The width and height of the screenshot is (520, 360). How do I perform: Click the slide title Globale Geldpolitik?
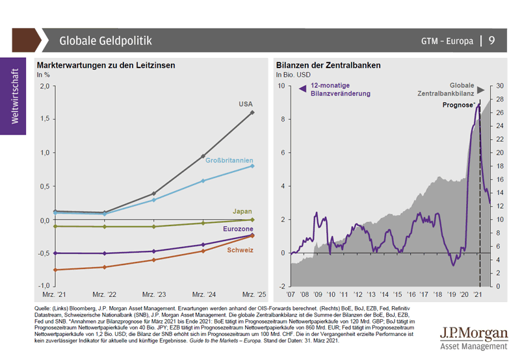(x=105, y=41)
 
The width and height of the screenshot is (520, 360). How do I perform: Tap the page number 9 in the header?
(x=491, y=41)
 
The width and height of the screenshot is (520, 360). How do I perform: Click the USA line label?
(x=245, y=103)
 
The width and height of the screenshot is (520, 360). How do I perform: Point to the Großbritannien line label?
(x=229, y=161)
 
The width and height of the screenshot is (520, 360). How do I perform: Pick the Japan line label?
(x=242, y=211)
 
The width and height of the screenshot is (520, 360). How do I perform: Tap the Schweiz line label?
(x=240, y=250)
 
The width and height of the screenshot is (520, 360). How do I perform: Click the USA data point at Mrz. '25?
(x=253, y=112)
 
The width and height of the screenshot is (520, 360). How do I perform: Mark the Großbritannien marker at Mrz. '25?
(x=253, y=166)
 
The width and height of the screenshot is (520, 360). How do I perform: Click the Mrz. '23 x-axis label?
(x=153, y=294)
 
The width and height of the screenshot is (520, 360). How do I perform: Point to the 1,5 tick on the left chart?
(x=44, y=119)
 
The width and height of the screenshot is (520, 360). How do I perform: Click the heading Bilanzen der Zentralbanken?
(x=328, y=66)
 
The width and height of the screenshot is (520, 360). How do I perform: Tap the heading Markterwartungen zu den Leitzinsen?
(x=106, y=66)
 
